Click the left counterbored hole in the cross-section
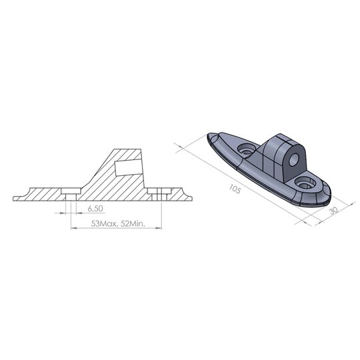click(69, 193)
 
